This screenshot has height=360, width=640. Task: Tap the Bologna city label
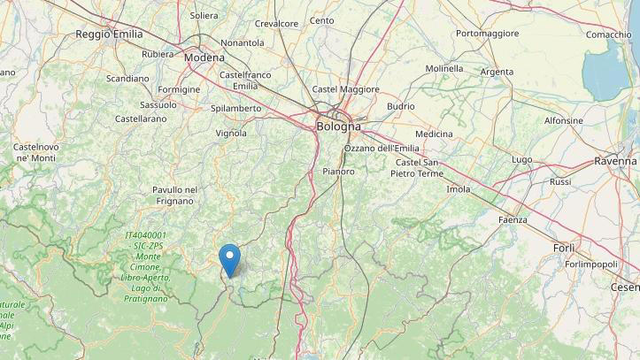point(338,126)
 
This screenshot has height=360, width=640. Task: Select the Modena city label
point(204,57)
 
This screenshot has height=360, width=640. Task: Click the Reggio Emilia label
point(109,34)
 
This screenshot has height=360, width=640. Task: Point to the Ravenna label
point(615,162)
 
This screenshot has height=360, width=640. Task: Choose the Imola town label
point(459,189)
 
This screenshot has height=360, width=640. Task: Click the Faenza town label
point(513,219)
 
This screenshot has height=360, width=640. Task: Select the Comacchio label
point(608,34)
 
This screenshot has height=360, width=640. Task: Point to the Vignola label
point(231,134)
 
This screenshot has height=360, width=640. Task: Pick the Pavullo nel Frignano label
point(174,195)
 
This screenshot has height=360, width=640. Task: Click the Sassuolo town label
point(158,104)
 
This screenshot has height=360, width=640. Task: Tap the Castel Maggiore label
point(346,89)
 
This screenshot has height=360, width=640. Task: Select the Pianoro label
point(338,171)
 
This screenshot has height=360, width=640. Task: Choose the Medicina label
point(434,134)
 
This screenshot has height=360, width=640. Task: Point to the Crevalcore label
point(276,23)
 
